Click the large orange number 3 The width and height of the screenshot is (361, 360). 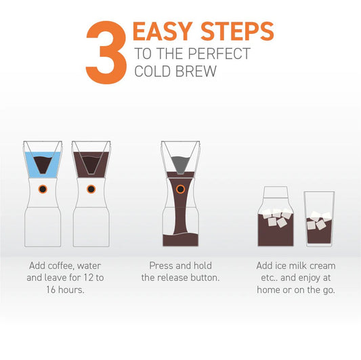pyautogui.click(x=106, y=51)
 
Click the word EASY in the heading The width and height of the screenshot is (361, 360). pyautogui.click(x=162, y=31)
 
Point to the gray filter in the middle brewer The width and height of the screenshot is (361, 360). pyautogui.click(x=180, y=163)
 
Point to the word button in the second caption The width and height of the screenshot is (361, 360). pyautogui.click(x=203, y=277)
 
